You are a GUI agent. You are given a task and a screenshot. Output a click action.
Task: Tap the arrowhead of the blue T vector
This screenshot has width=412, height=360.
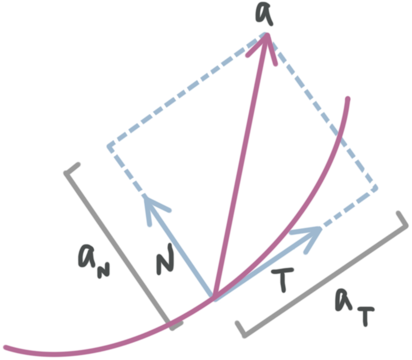pos(310,231)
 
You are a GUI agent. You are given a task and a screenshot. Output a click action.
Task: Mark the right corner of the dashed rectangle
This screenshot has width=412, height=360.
pos(375,187)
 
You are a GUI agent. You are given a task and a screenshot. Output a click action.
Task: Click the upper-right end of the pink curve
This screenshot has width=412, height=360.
pos(347,98)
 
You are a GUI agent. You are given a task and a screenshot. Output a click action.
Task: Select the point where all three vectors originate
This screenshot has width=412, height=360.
pos(214,299)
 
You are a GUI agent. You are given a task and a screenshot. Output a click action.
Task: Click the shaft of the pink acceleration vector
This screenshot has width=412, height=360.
pos(242,168)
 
